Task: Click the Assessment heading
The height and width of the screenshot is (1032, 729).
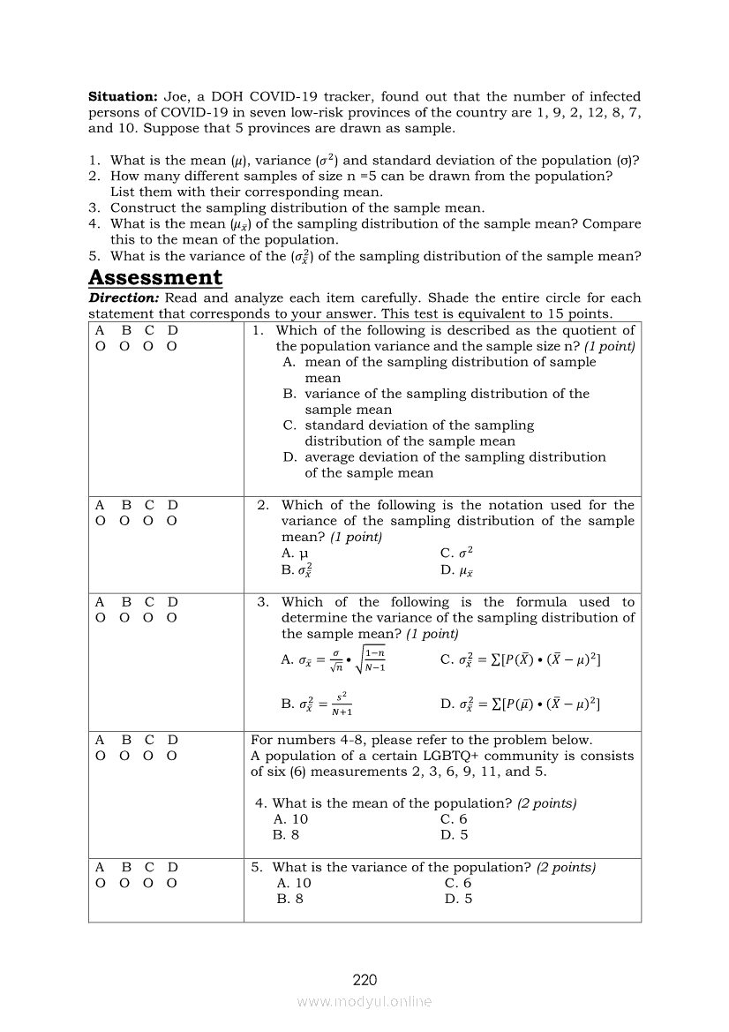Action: pyautogui.click(x=155, y=277)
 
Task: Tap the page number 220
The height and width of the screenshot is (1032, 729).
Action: pyautogui.click(x=364, y=980)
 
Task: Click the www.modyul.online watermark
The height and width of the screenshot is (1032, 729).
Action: pyautogui.click(x=364, y=1001)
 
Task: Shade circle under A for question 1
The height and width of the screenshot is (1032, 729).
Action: pyautogui.click(x=100, y=346)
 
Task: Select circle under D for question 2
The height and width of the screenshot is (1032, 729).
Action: pyautogui.click(x=172, y=521)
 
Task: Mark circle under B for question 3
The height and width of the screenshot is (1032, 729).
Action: pyautogui.click(x=124, y=618)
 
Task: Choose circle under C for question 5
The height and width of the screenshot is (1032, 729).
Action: pyautogui.click(x=149, y=883)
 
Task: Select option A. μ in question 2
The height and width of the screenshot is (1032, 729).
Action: pyautogui.click(x=288, y=554)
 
